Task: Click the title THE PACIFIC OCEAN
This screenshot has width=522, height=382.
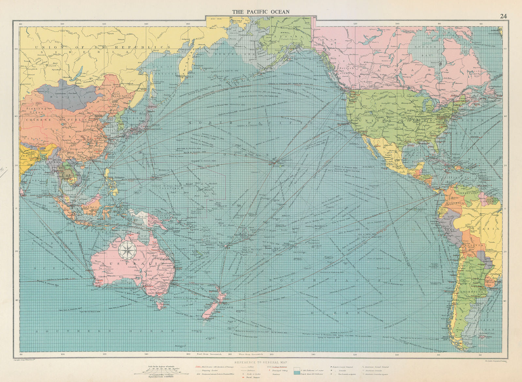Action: point(260,12)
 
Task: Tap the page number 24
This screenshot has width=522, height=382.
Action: point(503,16)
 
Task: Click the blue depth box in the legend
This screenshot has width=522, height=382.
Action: point(297,372)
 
